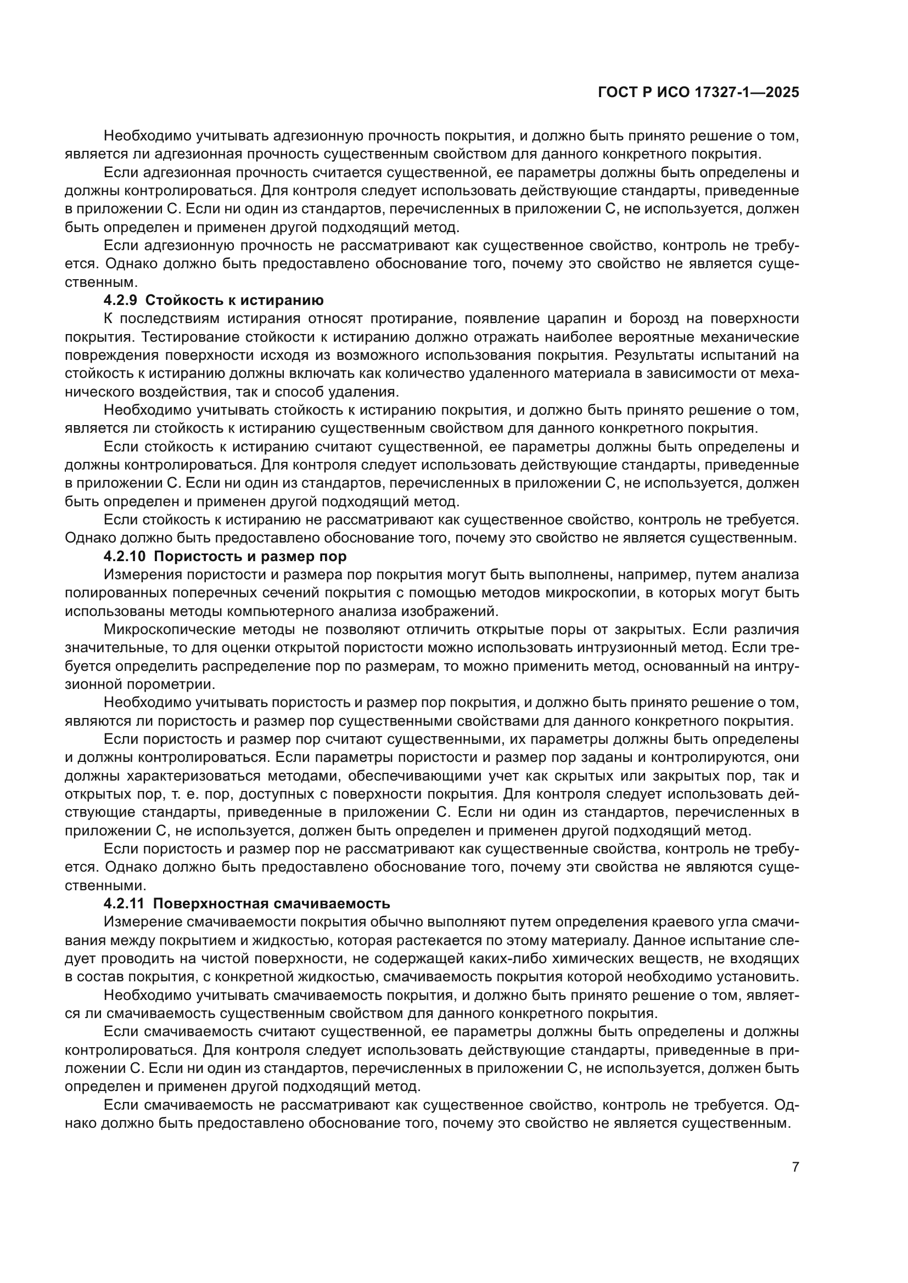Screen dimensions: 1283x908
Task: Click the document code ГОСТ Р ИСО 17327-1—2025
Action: click(x=698, y=93)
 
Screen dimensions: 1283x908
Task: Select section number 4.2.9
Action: click(x=121, y=301)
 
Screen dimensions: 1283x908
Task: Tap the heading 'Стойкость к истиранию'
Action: click(x=234, y=301)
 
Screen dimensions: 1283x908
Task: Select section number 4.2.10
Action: click(x=125, y=557)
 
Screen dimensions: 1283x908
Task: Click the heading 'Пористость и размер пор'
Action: click(x=250, y=557)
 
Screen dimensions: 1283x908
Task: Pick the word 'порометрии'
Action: click(x=171, y=685)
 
